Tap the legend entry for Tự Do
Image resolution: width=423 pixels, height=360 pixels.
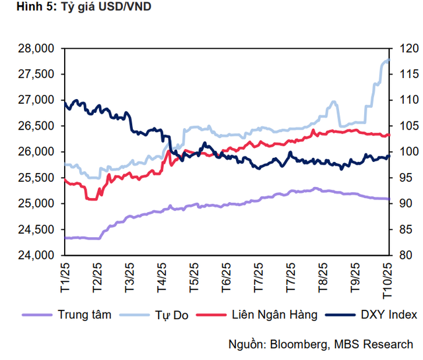(x=173, y=314)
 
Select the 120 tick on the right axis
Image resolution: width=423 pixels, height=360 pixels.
(x=404, y=48)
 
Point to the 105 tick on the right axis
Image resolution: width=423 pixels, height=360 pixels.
(x=404, y=126)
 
